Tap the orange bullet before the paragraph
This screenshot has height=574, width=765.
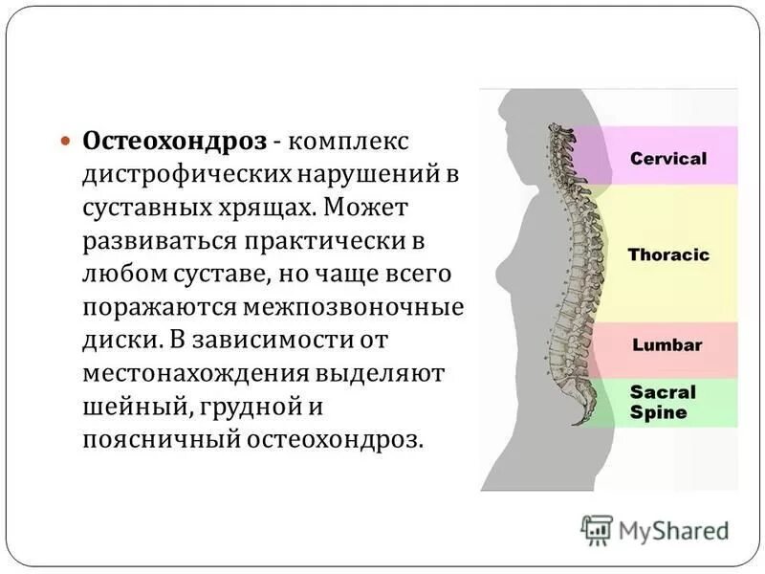pos(66,141)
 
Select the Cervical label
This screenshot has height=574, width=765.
pos(668,158)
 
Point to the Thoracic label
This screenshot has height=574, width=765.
pos(668,255)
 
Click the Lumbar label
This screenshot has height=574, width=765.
pos(667,345)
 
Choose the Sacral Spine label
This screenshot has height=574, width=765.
pos(663,402)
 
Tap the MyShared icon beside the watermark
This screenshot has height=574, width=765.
pos(597,529)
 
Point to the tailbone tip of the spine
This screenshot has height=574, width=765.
pos(576,422)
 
